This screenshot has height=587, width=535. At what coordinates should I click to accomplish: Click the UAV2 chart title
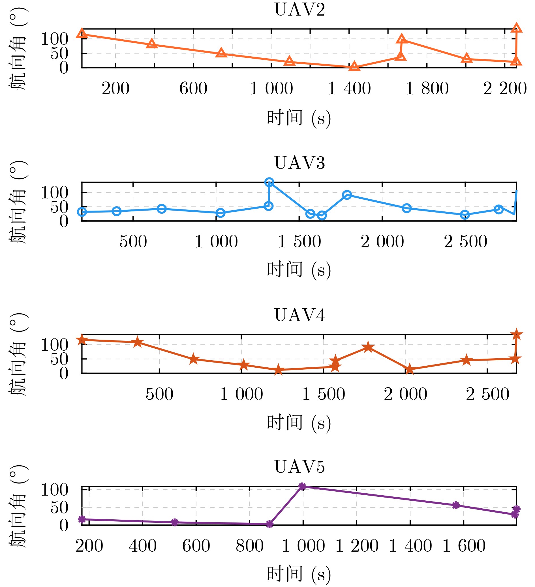pos(300,10)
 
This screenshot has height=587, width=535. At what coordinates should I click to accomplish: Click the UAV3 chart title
pos(300,163)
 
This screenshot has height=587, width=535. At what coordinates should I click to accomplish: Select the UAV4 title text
pos(300,315)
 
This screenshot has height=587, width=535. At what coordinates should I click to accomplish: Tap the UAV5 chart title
pos(300,467)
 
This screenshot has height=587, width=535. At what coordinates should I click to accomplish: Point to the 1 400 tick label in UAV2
pos(349,89)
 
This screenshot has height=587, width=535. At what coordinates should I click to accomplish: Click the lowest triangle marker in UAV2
pos(354,67)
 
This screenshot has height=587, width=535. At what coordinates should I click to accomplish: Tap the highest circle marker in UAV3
pos(269,182)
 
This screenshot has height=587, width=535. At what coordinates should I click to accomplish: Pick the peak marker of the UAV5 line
pos(302,486)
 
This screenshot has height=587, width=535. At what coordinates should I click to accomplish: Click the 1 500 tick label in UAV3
pos(299,242)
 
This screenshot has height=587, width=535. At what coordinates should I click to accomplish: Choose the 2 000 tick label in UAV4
pos(405,394)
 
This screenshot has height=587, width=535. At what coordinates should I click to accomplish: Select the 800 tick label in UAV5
pos(250,546)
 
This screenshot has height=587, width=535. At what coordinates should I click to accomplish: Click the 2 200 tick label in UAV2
pos(505,89)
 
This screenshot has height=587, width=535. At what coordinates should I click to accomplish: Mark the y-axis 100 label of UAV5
pos(54,490)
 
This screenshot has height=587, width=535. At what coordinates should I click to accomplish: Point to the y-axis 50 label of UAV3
pos(59,207)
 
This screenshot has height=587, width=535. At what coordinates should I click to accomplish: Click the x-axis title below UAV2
pos(299,118)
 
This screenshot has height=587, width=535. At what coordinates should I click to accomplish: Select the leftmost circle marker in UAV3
pos(82,212)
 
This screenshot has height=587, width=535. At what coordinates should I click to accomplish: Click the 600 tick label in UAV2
pos(193,89)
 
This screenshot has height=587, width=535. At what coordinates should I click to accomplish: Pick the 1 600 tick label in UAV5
pos(464,546)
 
